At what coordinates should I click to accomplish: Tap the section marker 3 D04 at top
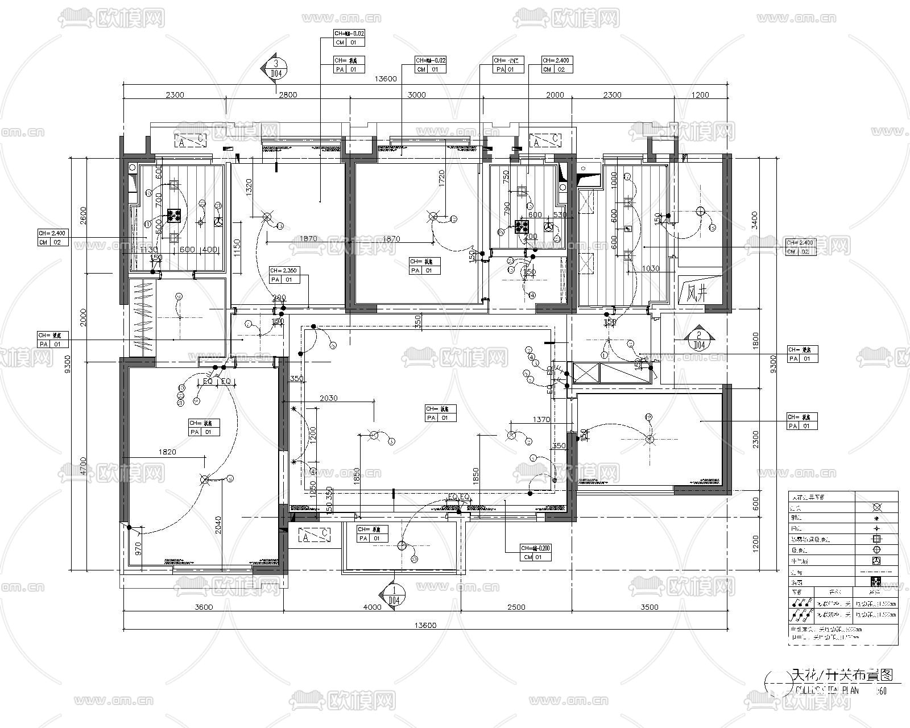pos(276,68)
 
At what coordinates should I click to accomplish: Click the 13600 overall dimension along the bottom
pos(425,625)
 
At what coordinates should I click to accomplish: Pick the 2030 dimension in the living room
pos(328,398)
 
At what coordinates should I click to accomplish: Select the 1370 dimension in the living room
pos(541,420)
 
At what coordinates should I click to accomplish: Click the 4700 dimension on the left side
pos(83,464)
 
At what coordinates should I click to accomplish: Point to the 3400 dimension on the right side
pos(771,219)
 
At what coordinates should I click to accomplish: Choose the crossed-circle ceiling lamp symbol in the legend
pos(876,507)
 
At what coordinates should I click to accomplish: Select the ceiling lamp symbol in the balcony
pos(402,547)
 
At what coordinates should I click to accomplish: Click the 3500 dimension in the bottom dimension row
pos(649,607)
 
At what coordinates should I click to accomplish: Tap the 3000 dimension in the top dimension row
pos(417,95)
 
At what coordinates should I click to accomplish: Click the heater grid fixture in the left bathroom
pos(174,215)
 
